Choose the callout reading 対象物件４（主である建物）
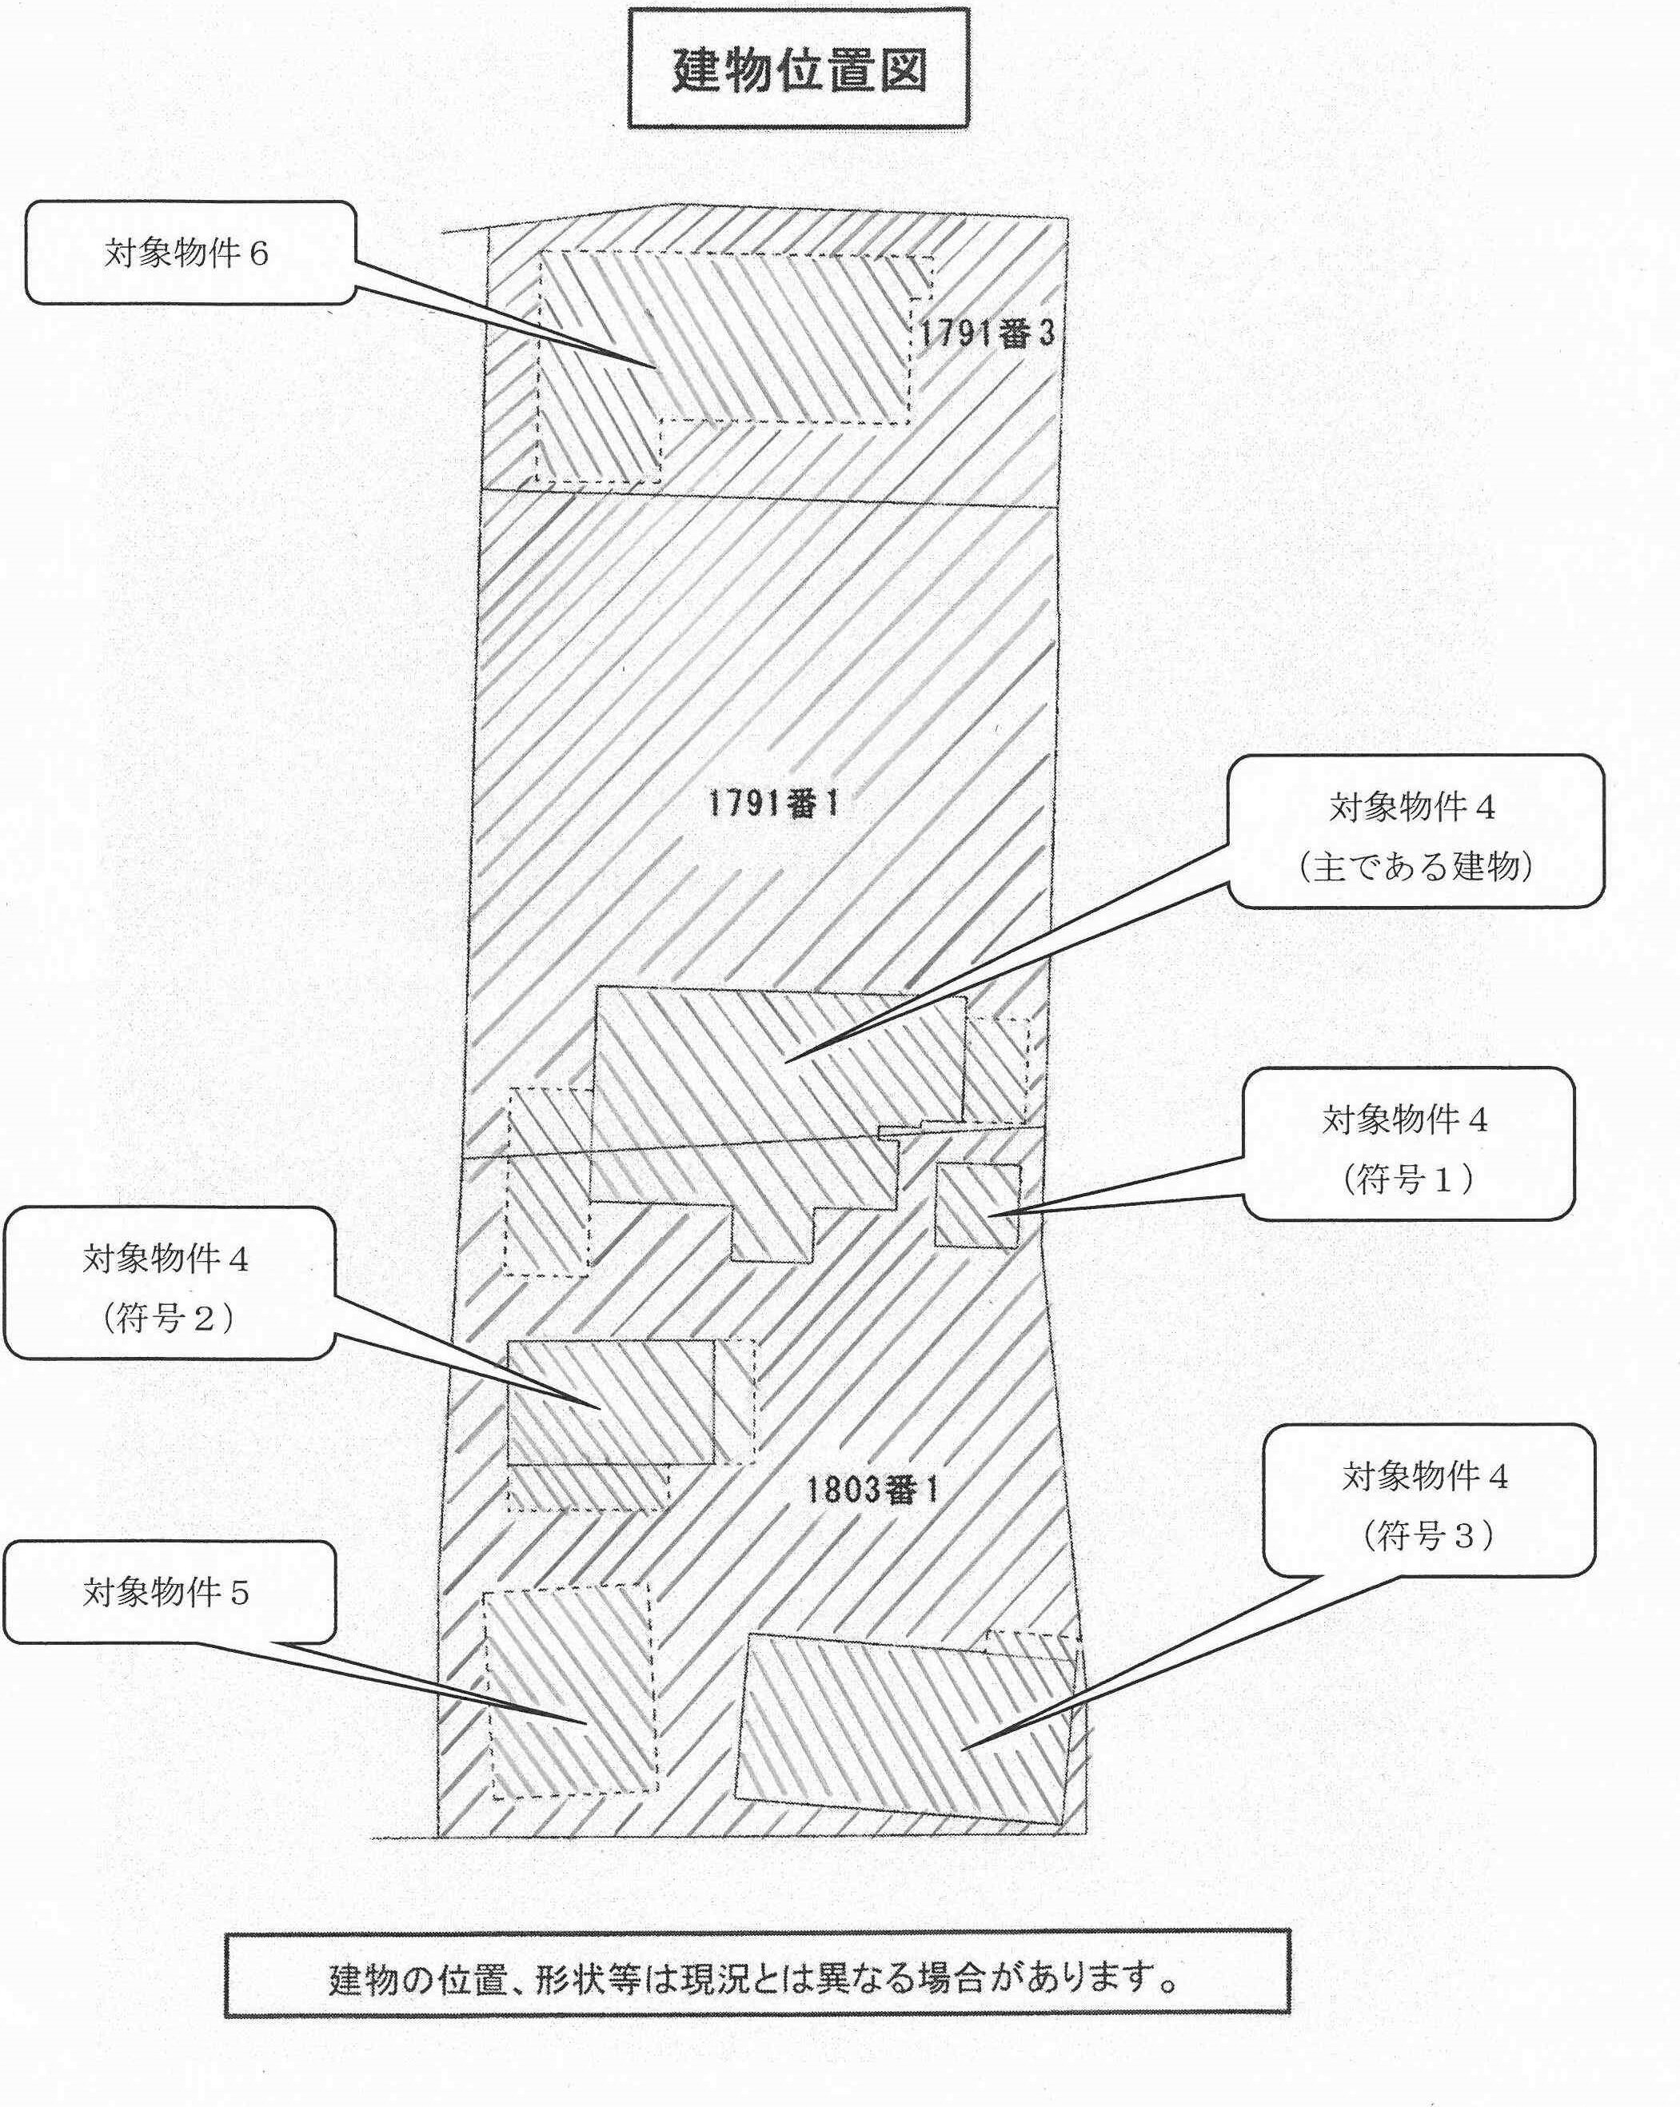coord(1415,836)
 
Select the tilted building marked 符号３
coord(906,1728)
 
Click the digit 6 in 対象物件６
coord(258,254)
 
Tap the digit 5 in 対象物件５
coord(239,1594)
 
